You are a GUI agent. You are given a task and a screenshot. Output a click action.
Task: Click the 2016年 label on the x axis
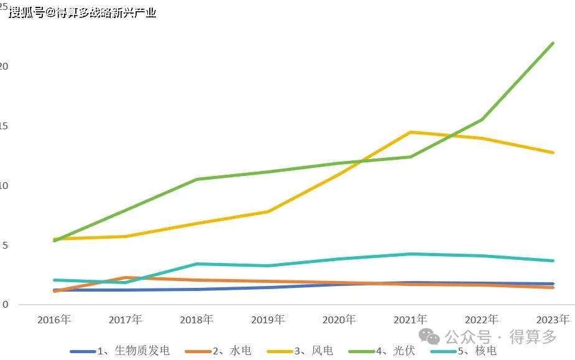54,320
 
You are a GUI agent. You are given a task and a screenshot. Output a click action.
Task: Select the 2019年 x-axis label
268,320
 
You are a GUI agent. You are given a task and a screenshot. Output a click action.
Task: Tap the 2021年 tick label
410,320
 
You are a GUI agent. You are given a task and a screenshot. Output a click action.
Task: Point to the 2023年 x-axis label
553,320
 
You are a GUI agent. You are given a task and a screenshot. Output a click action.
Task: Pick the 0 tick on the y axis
4,305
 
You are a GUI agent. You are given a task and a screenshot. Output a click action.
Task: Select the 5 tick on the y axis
4,246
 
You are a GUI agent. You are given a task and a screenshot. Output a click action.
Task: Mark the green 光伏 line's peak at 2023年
553,43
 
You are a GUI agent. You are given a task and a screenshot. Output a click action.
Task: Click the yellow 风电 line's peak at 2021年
410,132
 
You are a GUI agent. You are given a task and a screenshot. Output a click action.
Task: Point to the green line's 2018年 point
197,179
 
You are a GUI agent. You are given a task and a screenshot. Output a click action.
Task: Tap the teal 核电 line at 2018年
197,264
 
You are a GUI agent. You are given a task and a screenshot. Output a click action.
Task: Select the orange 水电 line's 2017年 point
126,278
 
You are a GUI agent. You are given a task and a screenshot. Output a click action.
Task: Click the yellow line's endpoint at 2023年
553,152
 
